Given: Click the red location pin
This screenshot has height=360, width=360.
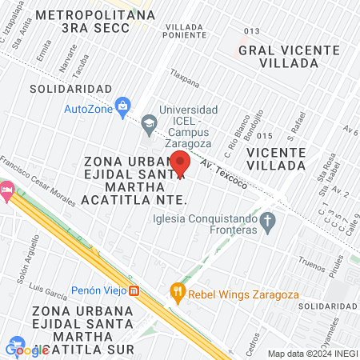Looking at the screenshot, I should pos(180,162).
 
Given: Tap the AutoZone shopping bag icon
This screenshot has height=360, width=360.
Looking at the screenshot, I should pos(122,105).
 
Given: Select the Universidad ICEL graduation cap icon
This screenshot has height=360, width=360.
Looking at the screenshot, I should pos(148,122).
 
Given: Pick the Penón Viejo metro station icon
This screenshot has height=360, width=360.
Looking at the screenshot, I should pos(135,290).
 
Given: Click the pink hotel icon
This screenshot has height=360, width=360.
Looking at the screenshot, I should pos(6,191).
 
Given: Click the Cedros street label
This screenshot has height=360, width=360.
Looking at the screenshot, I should pos(253,336).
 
